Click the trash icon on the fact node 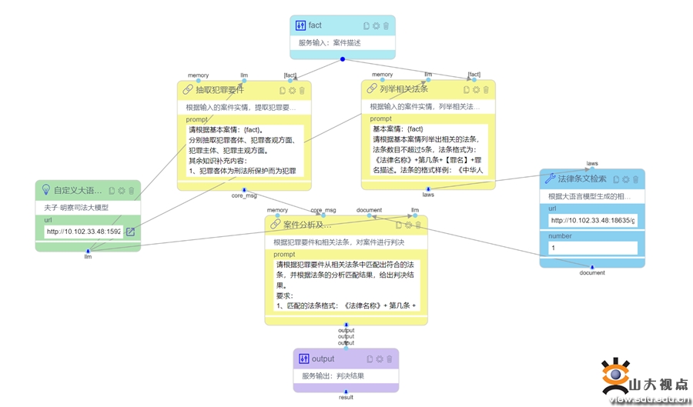(386, 25)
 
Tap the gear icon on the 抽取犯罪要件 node (292, 90)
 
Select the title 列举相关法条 (403, 89)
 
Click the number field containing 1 (592, 249)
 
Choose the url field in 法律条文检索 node (592, 221)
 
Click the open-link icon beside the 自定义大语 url (130, 232)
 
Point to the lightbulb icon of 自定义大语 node (45, 190)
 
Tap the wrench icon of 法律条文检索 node (550, 179)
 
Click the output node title (323, 359)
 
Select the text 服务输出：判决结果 (333, 376)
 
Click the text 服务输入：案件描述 (330, 43)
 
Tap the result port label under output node (346, 398)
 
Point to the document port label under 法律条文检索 (592, 272)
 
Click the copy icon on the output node (370, 359)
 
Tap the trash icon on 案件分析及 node (418, 225)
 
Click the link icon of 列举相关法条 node (372, 89)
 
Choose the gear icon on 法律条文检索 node (625, 179)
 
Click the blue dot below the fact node (343, 59)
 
